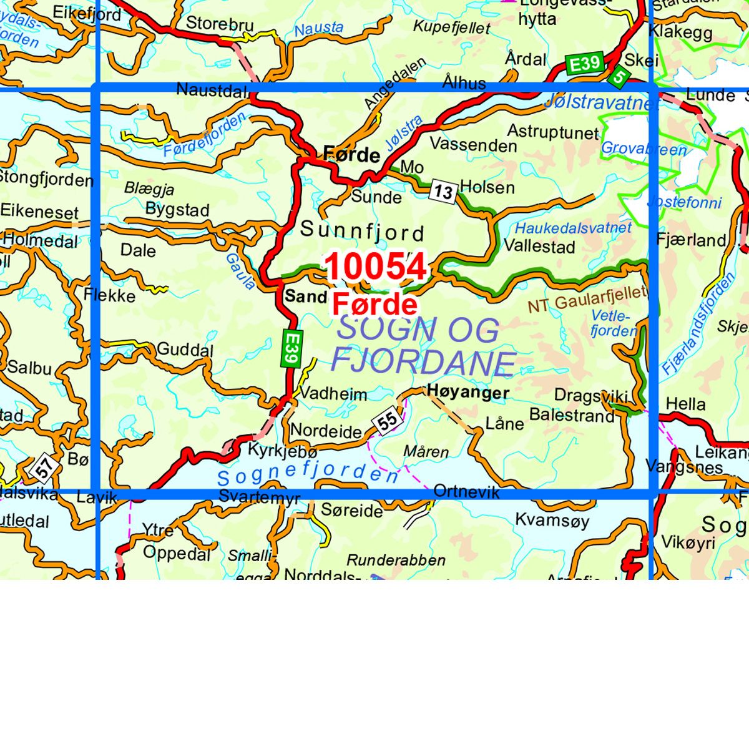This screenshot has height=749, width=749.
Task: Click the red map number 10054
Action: pyautogui.click(x=376, y=267)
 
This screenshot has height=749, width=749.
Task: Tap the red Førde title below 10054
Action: pyautogui.click(x=374, y=305)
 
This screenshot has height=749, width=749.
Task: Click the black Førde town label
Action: pyautogui.click(x=351, y=155)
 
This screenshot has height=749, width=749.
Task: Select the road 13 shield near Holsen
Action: pyautogui.click(x=443, y=192)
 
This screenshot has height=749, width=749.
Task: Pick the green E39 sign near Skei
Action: pyautogui.click(x=584, y=64)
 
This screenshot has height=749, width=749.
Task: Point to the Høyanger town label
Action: pyautogui.click(x=468, y=392)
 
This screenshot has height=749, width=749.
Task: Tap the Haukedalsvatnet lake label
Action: pyautogui.click(x=573, y=228)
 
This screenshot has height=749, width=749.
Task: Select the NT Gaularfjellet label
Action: pyautogui.click(x=587, y=300)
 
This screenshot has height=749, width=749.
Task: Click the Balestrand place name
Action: pyautogui.click(x=572, y=415)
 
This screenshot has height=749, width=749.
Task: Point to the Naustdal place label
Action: pyautogui.click(x=212, y=90)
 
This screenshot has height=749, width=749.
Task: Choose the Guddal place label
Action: pyautogui.click(x=185, y=350)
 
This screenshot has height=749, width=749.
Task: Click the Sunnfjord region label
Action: pyautogui.click(x=362, y=232)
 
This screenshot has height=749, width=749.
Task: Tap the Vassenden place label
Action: pyautogui.click(x=473, y=145)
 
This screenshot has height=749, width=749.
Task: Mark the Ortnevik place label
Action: pyautogui.click(x=466, y=492)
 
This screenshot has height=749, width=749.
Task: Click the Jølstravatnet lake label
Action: pyautogui.click(x=597, y=102)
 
